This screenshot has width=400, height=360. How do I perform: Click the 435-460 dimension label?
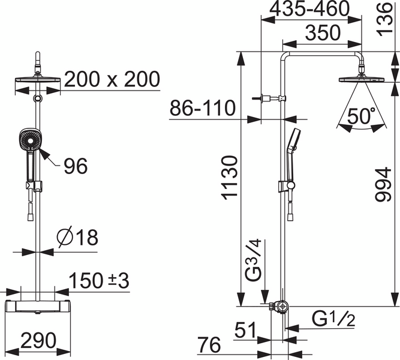coord(309,9)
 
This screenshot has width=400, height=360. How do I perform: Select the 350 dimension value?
coord(323,32)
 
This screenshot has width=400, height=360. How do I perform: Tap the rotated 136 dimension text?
coord(384,19)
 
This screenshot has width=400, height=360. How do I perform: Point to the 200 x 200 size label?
coord(112,79)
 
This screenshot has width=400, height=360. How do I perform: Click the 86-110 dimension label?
coord(202,108)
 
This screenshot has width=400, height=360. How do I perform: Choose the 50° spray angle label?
coord(362,116)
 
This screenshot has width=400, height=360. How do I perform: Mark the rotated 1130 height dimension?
coord(230,178)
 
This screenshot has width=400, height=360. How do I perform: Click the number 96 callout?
coord(76,166)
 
